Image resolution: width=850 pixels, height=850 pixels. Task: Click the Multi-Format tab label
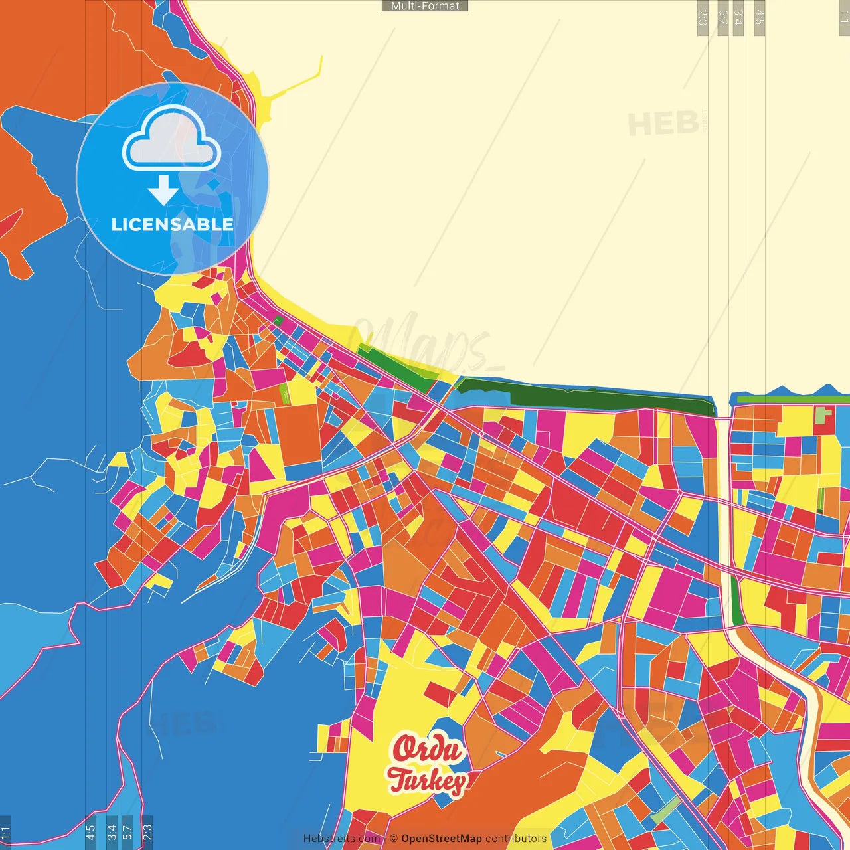[x=425, y=6]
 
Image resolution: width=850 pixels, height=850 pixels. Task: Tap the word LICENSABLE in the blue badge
[x=172, y=224]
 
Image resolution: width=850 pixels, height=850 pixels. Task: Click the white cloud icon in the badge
[x=171, y=140]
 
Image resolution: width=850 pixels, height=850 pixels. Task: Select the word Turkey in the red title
[x=427, y=780]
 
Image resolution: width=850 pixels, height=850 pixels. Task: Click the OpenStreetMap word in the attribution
[x=441, y=839]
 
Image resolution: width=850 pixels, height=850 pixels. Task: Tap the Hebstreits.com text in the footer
[x=342, y=839]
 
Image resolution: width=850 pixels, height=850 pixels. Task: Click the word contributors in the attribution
[x=515, y=839]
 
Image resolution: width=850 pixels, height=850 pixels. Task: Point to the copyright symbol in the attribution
[x=394, y=839]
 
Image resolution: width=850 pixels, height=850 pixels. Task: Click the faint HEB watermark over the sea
[x=663, y=124]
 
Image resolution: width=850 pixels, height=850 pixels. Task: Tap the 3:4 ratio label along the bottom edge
[x=112, y=832]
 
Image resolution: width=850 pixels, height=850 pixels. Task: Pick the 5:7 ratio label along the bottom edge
[x=127, y=832]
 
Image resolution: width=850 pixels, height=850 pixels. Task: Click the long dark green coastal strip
[x=584, y=396]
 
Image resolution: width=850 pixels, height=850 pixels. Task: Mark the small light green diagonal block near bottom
[x=665, y=811]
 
